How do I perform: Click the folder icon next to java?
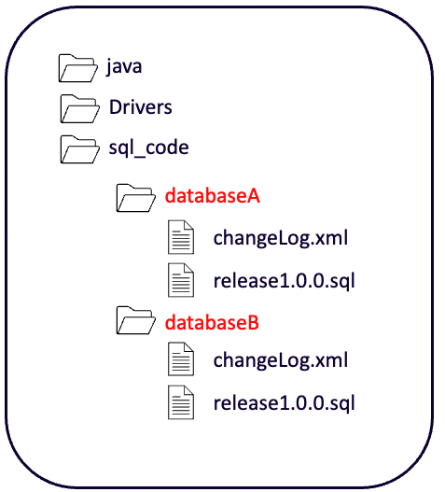pyautogui.click(x=77, y=68)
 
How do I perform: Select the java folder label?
pyautogui.click(x=124, y=67)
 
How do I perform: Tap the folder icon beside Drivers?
pyautogui.click(x=79, y=109)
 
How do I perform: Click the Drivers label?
pyautogui.click(x=141, y=107)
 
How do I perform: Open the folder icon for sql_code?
pyautogui.click(x=79, y=149)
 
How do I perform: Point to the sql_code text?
pyautogui.click(x=148, y=148)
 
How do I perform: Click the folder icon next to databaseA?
pyautogui.click(x=136, y=198)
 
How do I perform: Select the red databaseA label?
pyautogui.click(x=213, y=196)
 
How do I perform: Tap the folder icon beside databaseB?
pyautogui.click(x=136, y=320)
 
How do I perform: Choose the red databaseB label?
pyautogui.click(x=212, y=322)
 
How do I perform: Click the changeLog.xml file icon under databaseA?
pyautogui.click(x=181, y=237)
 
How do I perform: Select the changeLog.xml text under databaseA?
pyautogui.click(x=281, y=238)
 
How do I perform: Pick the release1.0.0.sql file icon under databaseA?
pyautogui.click(x=181, y=280)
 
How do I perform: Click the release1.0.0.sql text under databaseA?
pyautogui.click(x=285, y=281)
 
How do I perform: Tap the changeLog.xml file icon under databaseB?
pyautogui.click(x=181, y=359)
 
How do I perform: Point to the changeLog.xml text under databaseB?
pyautogui.click(x=281, y=360)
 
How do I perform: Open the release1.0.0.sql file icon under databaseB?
pyautogui.click(x=181, y=402)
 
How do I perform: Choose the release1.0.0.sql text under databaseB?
pyautogui.click(x=285, y=403)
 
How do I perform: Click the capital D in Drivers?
pyautogui.click(x=116, y=107)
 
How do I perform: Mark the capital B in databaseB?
pyautogui.click(x=253, y=323)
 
